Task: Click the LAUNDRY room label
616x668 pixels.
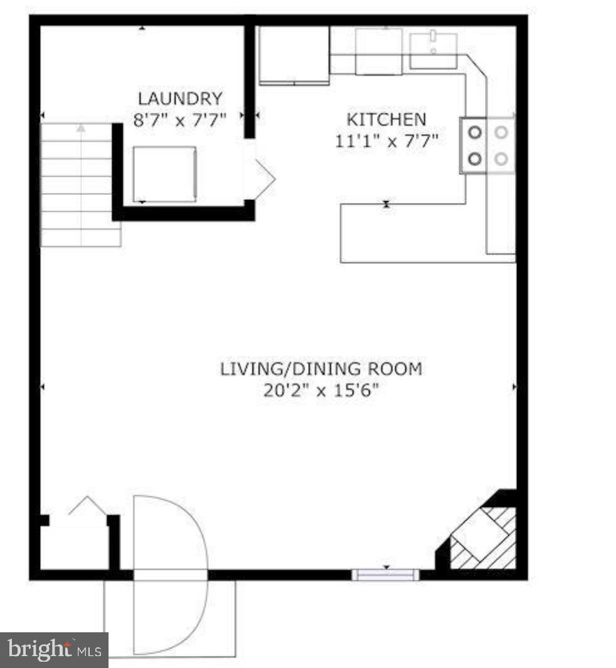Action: (x=179, y=98)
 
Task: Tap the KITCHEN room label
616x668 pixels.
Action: (x=386, y=118)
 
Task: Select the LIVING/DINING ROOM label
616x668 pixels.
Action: (x=321, y=368)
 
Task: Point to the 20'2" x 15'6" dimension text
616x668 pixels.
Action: (x=321, y=391)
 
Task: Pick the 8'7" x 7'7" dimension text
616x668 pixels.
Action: (x=179, y=120)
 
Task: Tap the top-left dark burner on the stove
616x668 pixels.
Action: (x=475, y=132)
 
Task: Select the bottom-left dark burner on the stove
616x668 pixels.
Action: (x=475, y=159)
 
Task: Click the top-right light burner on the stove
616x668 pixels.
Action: (x=501, y=132)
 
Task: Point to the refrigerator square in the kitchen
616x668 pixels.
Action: (x=294, y=55)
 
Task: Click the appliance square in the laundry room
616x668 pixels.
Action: (x=164, y=174)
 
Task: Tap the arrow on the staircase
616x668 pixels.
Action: (x=81, y=129)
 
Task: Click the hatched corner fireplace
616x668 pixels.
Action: (x=484, y=536)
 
